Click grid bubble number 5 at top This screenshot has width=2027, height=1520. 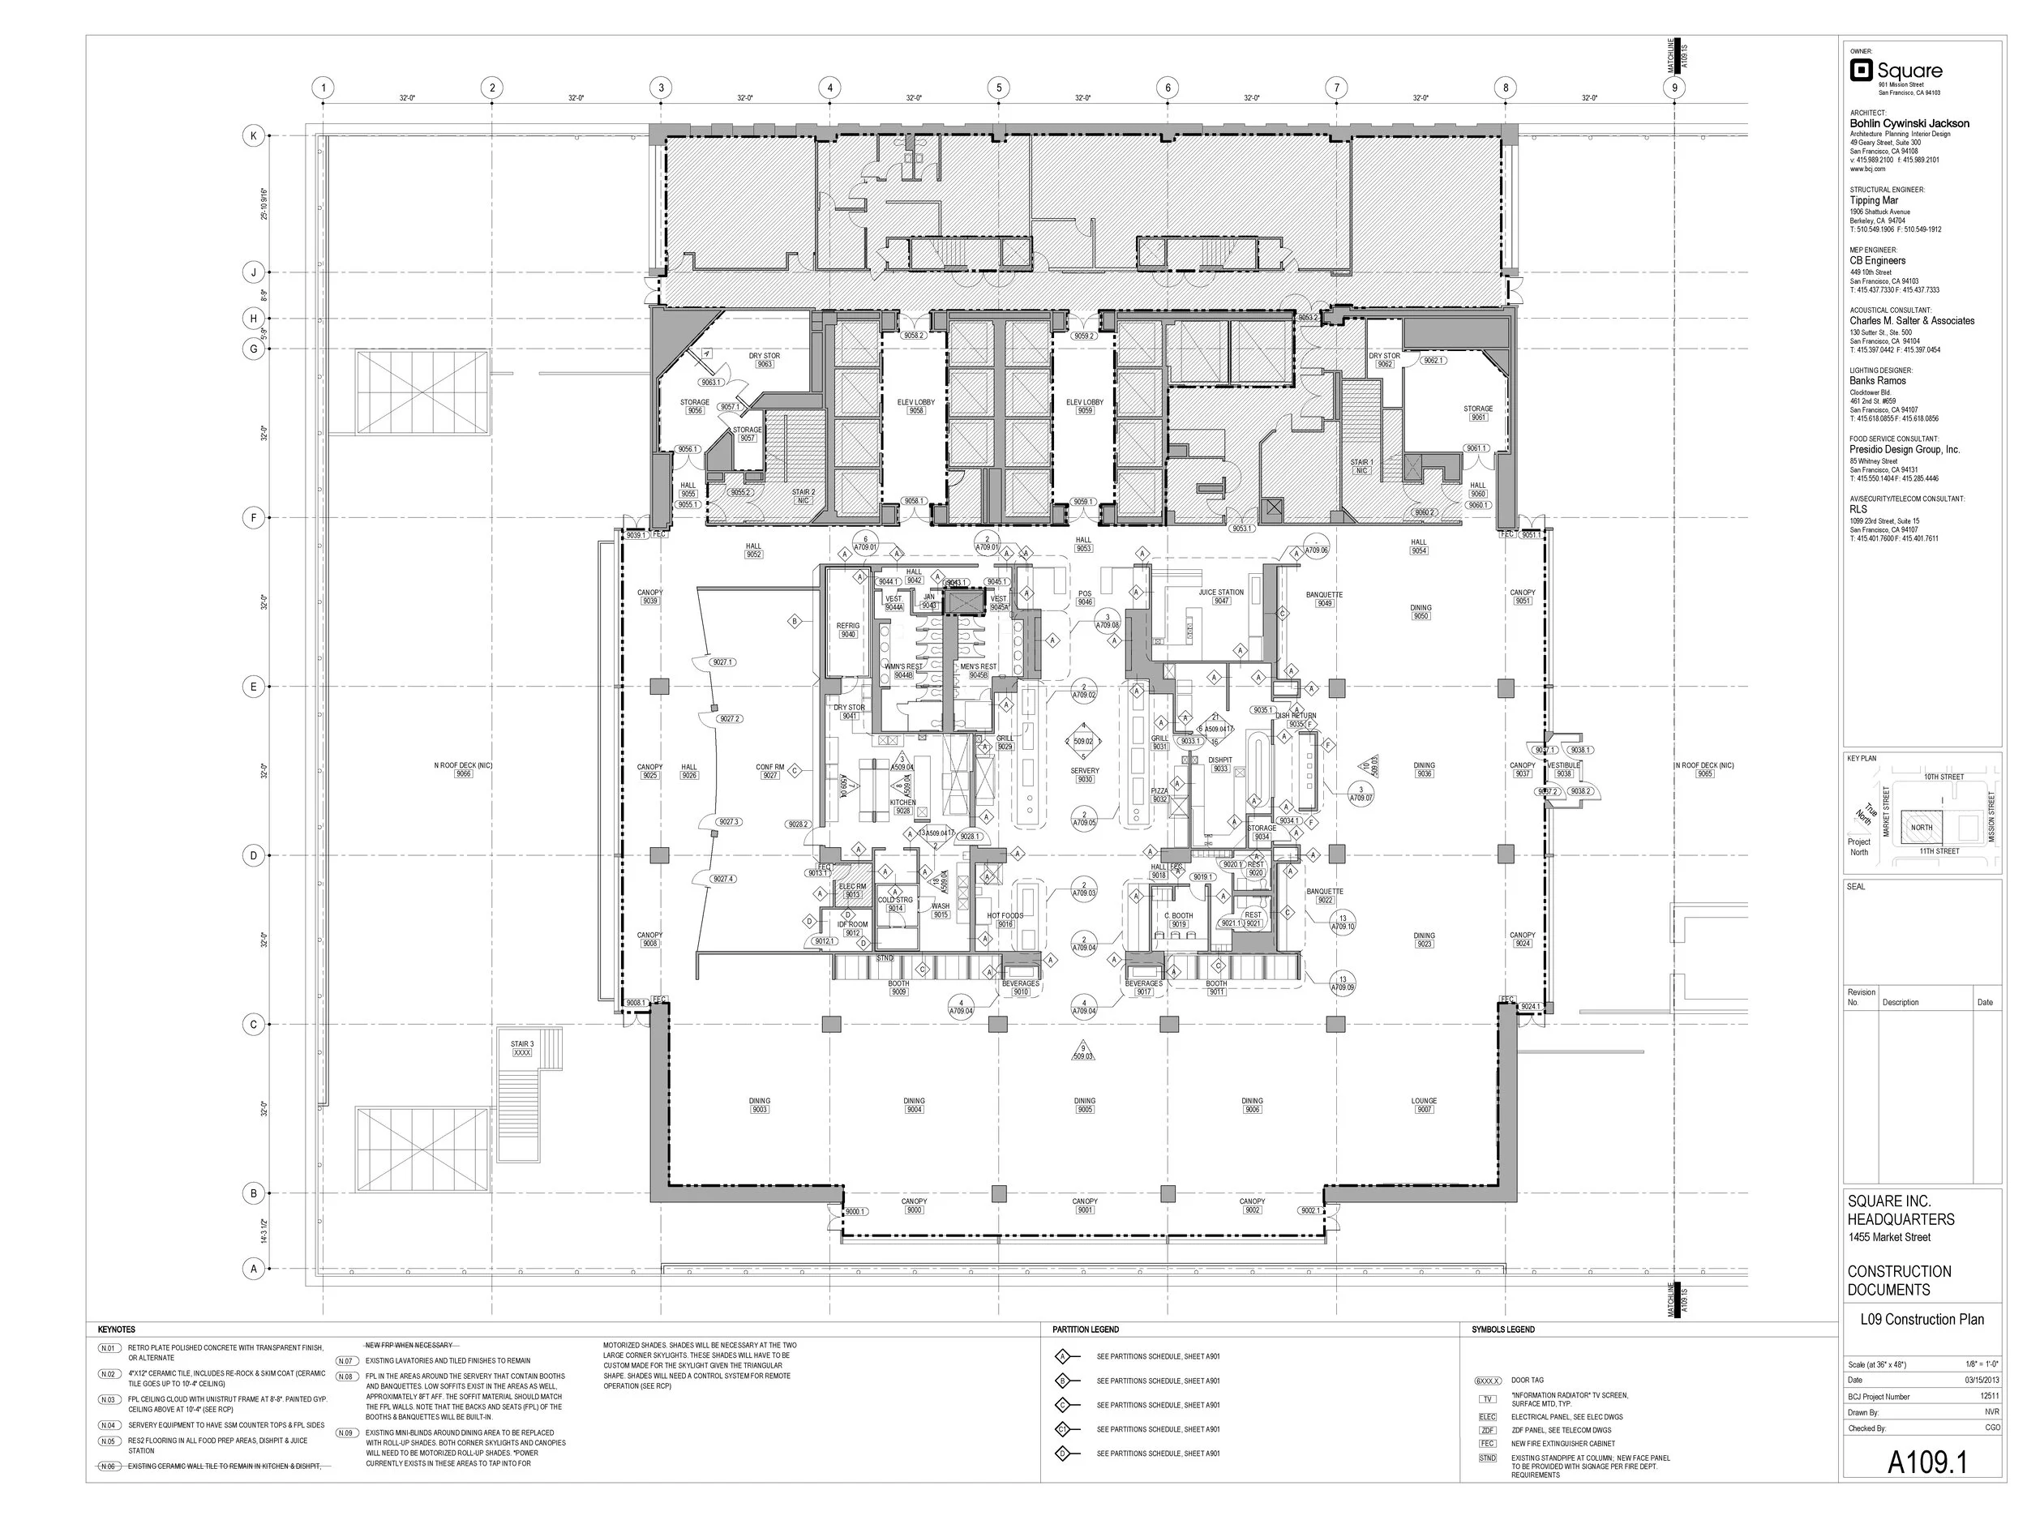point(999,88)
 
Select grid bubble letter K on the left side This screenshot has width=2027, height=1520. point(254,135)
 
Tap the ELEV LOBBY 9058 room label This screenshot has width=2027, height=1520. point(915,407)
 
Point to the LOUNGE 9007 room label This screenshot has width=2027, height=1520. point(1423,1105)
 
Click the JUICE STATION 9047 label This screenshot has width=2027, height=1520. point(1220,597)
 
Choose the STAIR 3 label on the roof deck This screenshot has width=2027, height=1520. point(522,1048)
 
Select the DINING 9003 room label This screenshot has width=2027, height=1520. point(759,1105)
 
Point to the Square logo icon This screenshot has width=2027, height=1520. point(1860,71)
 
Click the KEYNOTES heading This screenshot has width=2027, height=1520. point(117,1329)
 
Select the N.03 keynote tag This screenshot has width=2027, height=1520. point(109,1400)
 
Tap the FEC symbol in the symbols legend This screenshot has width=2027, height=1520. point(1487,1443)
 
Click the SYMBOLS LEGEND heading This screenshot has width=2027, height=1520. point(1503,1329)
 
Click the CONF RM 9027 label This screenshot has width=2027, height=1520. point(769,770)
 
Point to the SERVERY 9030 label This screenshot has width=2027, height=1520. point(1084,775)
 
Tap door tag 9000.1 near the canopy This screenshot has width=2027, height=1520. point(855,1211)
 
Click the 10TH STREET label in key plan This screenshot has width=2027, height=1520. point(1943,777)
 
